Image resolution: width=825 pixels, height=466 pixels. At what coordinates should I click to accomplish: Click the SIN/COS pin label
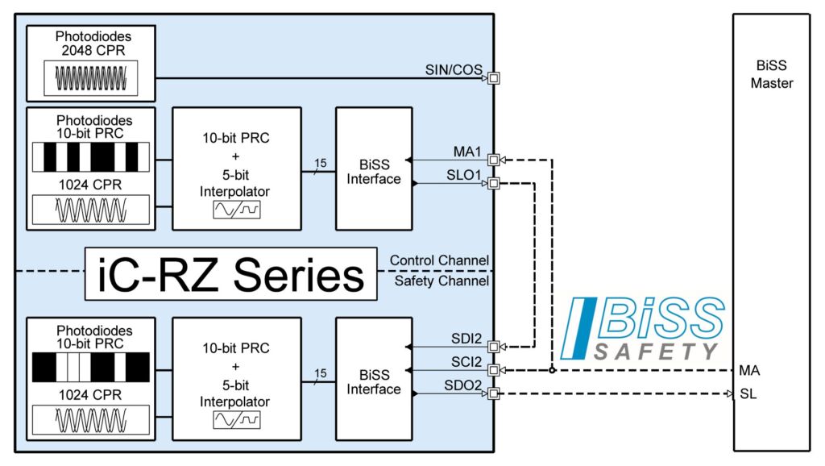[x=454, y=70]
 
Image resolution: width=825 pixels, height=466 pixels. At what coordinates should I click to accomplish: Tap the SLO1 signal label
[x=465, y=175]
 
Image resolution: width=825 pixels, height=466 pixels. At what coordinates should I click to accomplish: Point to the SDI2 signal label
[x=466, y=338]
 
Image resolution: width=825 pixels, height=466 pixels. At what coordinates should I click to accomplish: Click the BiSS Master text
[x=771, y=76]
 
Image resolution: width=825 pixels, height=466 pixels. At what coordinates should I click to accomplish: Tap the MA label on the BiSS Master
[x=748, y=371]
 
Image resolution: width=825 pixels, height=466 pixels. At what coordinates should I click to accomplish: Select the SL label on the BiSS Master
[x=748, y=394]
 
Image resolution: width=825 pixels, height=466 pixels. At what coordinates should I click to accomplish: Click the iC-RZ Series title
[x=230, y=274]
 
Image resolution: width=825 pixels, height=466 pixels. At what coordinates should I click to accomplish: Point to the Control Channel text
[x=439, y=260]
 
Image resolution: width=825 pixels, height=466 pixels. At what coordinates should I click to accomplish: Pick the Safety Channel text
[x=441, y=281]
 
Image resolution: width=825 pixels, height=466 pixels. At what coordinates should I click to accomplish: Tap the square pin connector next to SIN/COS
[x=494, y=78]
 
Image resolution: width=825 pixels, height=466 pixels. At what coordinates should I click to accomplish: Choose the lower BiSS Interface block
[x=373, y=378]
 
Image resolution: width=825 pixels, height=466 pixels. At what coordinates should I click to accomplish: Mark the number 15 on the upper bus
[x=321, y=164]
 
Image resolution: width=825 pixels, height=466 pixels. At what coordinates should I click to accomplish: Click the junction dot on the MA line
[x=552, y=371]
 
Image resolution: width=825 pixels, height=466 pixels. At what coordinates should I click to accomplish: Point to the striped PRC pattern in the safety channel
[x=90, y=368]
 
